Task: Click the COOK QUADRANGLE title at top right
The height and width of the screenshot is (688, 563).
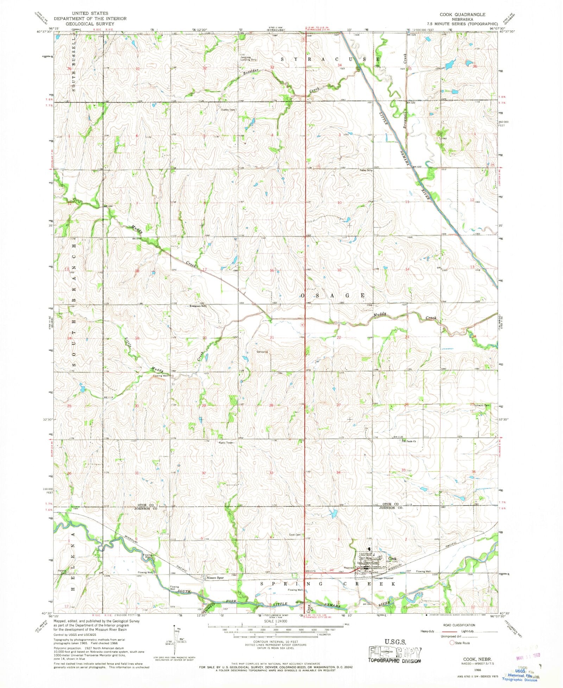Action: point(462,14)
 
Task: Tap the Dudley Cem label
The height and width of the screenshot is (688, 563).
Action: point(227,110)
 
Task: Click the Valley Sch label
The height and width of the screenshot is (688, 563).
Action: point(365,170)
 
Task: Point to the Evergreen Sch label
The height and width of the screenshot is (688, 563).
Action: point(197,306)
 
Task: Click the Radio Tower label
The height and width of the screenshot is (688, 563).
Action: point(226,443)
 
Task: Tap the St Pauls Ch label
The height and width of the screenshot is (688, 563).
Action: point(409,441)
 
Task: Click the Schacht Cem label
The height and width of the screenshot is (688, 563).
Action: point(482,405)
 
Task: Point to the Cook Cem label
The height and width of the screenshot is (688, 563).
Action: point(295,535)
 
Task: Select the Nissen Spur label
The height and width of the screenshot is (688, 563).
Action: point(215,578)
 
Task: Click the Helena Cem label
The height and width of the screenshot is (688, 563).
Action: point(62,572)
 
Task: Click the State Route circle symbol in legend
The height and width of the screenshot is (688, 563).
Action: point(452,643)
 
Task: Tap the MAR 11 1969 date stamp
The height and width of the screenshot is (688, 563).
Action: point(527,656)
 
